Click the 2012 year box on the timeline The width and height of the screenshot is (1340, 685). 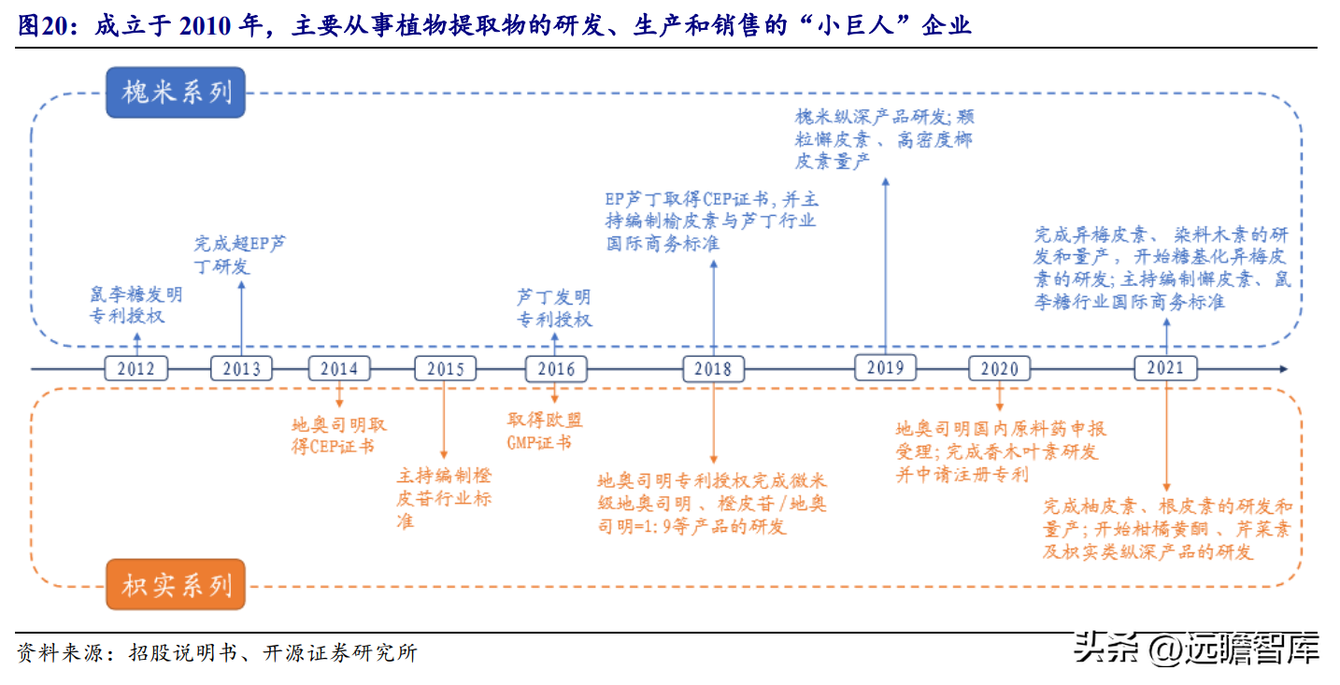coord(135,368)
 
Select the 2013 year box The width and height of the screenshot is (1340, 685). coord(242,368)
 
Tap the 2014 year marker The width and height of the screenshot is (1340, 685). coord(339,368)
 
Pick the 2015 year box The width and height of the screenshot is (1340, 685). coord(446,368)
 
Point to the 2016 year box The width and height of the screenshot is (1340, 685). coord(556,368)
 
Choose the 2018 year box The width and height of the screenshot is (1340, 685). coord(714,368)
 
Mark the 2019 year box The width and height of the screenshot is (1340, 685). coord(885,367)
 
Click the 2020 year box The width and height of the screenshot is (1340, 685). coord(1000,368)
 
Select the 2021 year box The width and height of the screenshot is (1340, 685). coord(1166,367)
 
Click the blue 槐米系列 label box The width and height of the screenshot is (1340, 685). coord(176,93)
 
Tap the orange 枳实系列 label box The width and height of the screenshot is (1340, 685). coord(176,584)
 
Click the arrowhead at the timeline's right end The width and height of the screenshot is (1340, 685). coord(1283,369)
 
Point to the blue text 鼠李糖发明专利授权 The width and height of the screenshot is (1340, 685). coord(136,305)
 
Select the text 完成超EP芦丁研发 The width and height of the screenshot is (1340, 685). coord(240,255)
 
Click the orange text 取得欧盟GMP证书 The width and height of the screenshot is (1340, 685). coord(545,431)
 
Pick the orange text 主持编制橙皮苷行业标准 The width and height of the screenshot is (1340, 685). coord(444,498)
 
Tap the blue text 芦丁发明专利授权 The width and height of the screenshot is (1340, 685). coord(554,308)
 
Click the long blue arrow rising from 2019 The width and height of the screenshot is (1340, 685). coord(885,265)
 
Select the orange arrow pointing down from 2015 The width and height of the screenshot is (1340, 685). coord(444,420)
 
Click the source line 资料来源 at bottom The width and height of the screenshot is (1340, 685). coord(217,652)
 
